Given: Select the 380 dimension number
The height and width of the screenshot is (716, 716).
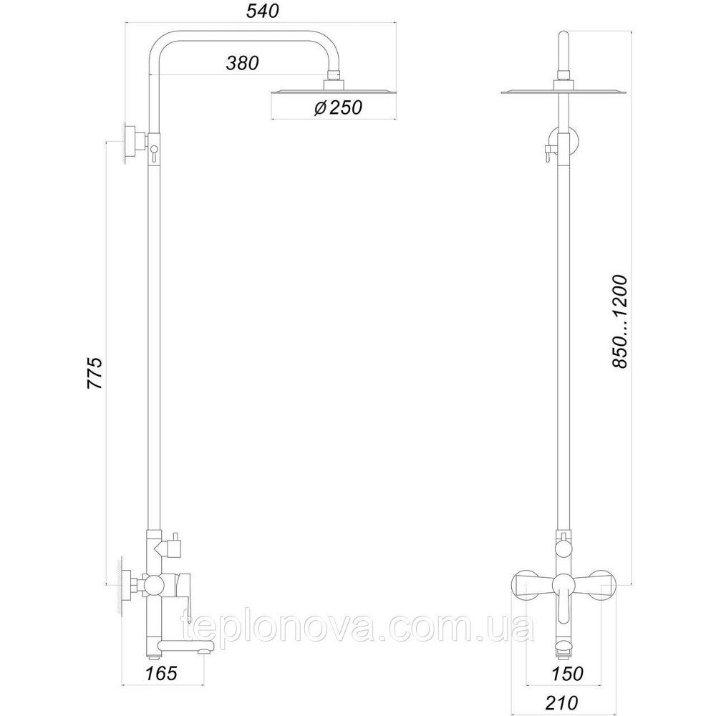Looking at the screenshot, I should click(x=242, y=63).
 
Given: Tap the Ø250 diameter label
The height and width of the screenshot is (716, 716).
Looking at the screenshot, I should click(x=338, y=107).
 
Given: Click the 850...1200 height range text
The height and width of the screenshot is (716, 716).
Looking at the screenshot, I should click(x=620, y=321).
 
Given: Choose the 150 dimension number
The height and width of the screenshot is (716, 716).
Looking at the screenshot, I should click(x=567, y=673).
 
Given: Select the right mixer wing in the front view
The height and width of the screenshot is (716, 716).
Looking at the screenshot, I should click(x=601, y=584).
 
